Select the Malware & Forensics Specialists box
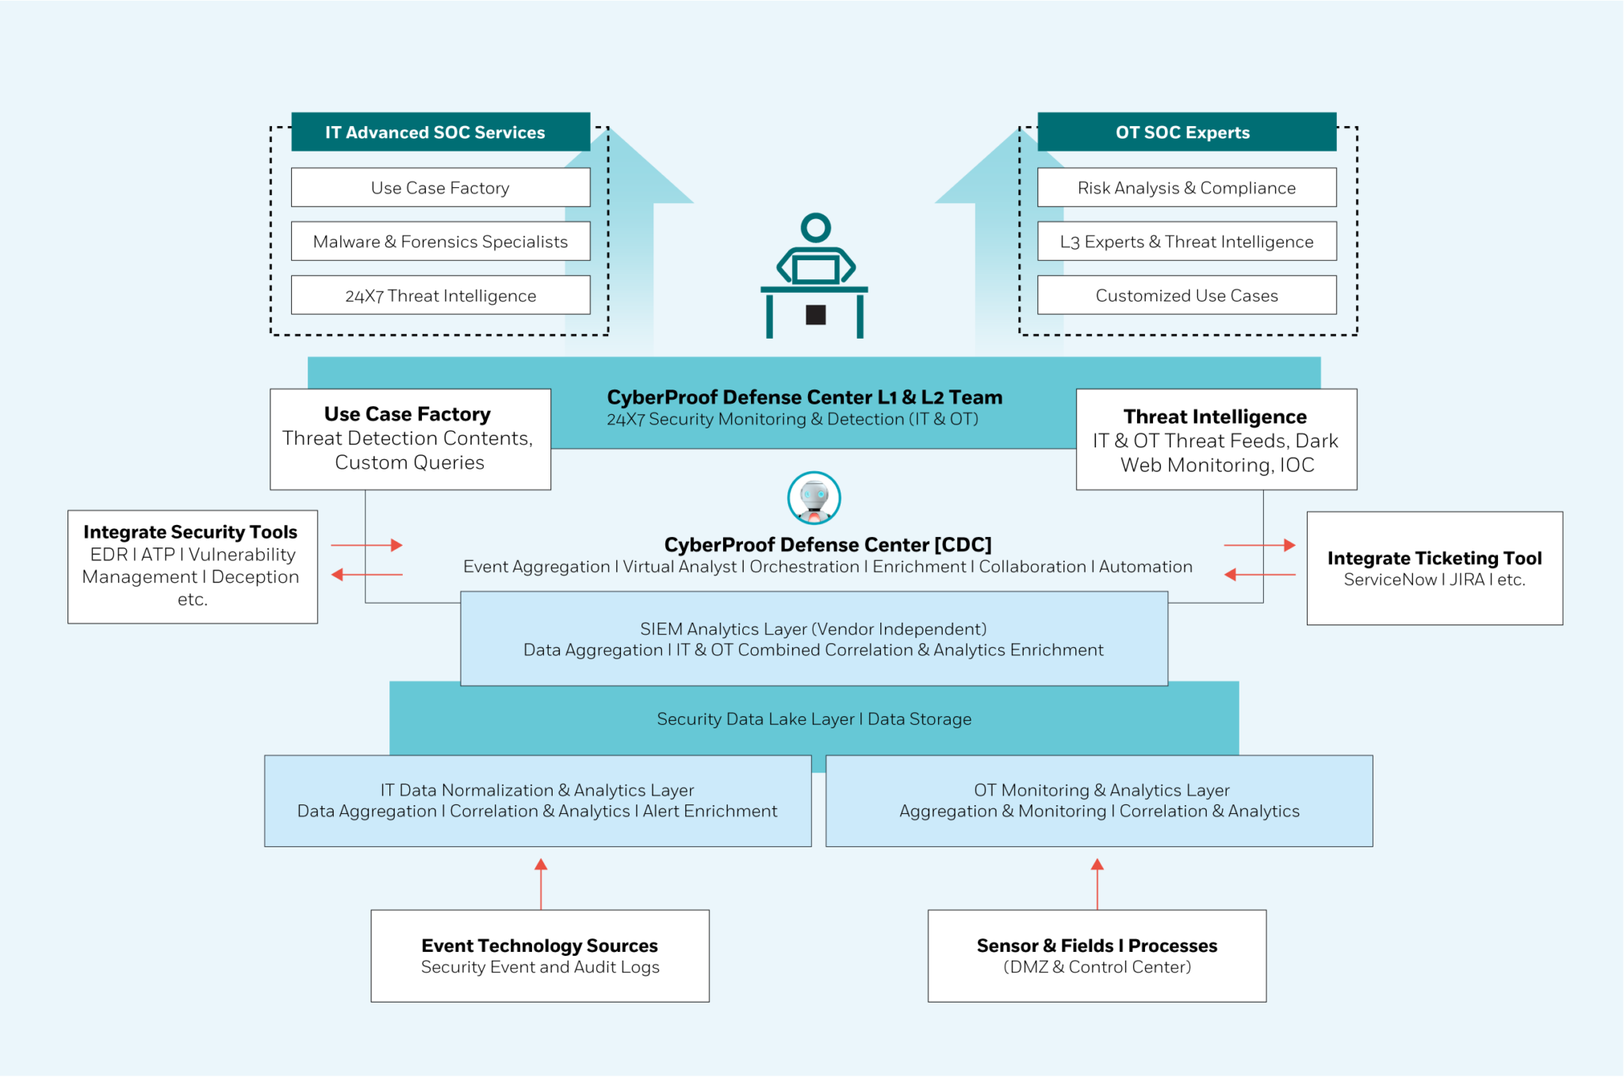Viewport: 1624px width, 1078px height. [x=440, y=241]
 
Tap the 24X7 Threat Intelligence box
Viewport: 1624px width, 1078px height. [x=440, y=295]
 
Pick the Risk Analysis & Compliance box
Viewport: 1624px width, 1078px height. [x=1185, y=187]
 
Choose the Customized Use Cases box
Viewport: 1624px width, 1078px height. [x=1185, y=295]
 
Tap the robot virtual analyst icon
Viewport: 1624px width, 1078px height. [x=814, y=498]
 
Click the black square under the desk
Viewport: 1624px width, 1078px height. [x=815, y=315]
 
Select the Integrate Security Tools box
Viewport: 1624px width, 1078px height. [x=192, y=566]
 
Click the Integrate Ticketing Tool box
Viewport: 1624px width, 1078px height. [x=1434, y=568]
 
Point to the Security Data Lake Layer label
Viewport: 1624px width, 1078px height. [x=814, y=719]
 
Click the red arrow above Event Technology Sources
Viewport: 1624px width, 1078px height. [x=541, y=883]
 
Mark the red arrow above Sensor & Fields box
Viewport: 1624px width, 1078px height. [x=1097, y=883]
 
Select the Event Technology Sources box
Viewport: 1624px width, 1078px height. [x=539, y=955]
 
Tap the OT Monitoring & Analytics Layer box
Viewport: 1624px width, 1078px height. [x=1098, y=800]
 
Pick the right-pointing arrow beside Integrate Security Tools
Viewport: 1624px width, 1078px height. [x=367, y=545]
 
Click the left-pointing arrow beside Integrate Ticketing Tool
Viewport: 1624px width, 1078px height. [x=1259, y=574]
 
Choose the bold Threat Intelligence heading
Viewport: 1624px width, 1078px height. [x=1215, y=416]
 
